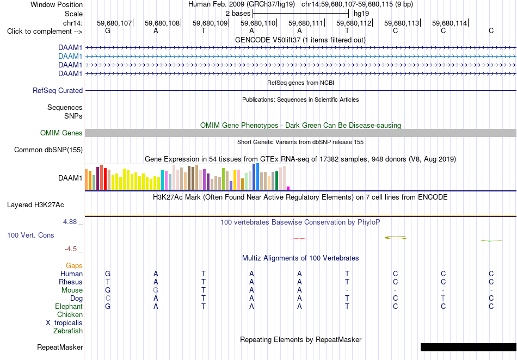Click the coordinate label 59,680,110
[x=258, y=23]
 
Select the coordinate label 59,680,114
[x=450, y=23]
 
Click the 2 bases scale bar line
[x=301, y=14]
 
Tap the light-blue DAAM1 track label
[x=70, y=57]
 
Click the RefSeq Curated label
[x=58, y=91]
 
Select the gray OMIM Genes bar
[x=300, y=133]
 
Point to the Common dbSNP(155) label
[x=48, y=150]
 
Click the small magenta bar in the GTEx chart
[x=288, y=188]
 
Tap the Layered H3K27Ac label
[x=35, y=205]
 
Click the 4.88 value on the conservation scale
[x=70, y=222]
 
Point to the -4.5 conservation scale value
[x=71, y=249]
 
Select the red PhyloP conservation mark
[x=299, y=239]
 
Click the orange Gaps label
[x=74, y=266]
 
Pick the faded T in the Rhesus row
[x=108, y=282]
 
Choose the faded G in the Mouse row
[x=156, y=290]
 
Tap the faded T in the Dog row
[x=443, y=299]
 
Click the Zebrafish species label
[x=68, y=331]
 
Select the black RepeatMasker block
[x=469, y=347]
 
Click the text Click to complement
[x=40, y=32]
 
